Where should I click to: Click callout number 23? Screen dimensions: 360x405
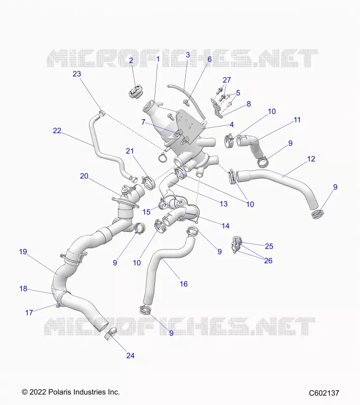point(76,74)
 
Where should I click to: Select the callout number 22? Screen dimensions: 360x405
point(57,131)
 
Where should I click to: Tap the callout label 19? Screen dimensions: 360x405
point(23,252)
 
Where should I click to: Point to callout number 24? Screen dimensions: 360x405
point(131,356)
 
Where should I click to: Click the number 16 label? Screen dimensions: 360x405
point(184,284)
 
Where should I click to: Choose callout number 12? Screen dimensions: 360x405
point(311,159)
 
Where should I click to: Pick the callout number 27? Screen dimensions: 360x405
point(227,80)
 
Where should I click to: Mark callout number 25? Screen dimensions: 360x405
point(269,246)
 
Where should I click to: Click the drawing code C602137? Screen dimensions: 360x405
point(324,393)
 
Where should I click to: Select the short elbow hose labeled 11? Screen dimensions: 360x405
point(250,147)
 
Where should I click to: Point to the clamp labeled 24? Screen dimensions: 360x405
point(110,333)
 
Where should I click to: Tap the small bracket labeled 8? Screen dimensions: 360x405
point(217,108)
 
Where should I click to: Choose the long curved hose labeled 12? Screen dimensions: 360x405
point(282,182)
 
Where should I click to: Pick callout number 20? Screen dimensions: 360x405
point(84,176)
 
